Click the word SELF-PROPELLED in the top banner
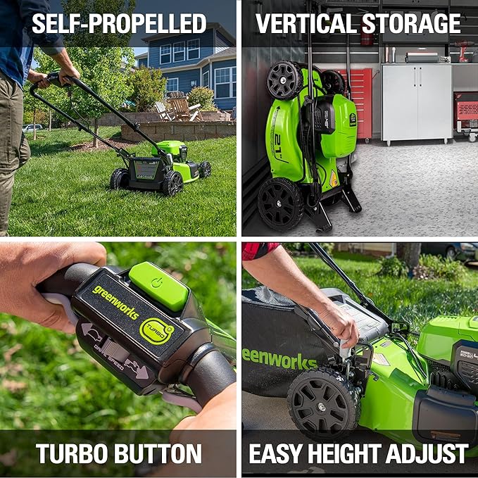coord(119,23)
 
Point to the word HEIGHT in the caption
coord(356,453)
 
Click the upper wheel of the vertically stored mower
coord(284,80)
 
